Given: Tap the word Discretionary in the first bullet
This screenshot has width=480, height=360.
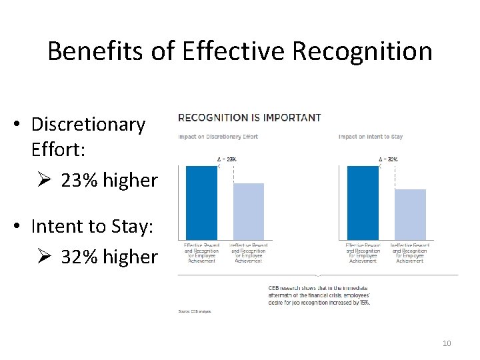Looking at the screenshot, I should [x=88, y=124].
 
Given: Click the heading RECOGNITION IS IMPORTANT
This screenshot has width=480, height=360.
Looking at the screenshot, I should [x=249, y=117].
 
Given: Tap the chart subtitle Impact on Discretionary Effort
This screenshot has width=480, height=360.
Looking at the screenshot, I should [x=218, y=137].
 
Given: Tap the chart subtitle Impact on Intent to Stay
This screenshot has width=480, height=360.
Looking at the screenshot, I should [x=371, y=137].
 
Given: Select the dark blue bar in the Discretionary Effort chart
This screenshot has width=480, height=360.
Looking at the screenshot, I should [x=201, y=203].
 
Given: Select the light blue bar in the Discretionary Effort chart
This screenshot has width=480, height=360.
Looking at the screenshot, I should [x=249, y=211].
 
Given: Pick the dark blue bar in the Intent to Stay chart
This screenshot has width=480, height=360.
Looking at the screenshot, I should [x=363, y=203].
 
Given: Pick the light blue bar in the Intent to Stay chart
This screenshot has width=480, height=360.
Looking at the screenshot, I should [x=410, y=215].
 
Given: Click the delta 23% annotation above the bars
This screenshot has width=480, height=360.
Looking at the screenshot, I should [x=227, y=159].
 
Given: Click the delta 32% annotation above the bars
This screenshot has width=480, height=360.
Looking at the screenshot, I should [x=389, y=159].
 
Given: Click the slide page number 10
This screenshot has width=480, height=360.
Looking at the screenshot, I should [x=447, y=343].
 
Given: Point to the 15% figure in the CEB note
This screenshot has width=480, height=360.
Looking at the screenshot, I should [x=363, y=302].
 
